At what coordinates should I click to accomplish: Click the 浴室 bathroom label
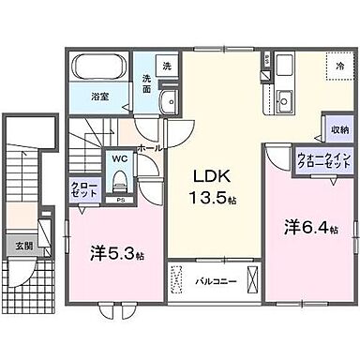98,95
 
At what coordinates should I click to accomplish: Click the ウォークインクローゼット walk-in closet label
322,160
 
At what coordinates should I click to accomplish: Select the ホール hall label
149,147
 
